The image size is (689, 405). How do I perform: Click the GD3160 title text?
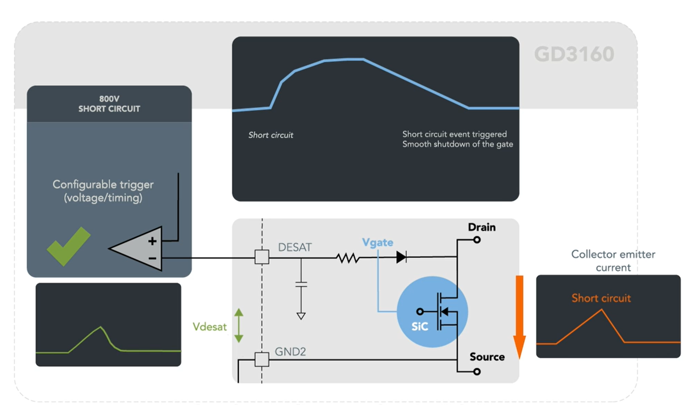[x=574, y=54]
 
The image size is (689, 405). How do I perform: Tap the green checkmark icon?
[x=68, y=246]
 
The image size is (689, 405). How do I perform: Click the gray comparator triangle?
[x=137, y=249]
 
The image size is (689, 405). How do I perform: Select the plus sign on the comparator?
[x=152, y=241]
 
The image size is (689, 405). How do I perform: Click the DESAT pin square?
[x=262, y=257]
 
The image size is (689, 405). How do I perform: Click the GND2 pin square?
[x=262, y=360]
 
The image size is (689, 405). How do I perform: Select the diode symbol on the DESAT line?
[x=401, y=257]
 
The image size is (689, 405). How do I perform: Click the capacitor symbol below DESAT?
[x=301, y=284]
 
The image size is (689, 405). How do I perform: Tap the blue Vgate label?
[x=377, y=242]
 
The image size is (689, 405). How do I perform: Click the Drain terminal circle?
[x=477, y=240]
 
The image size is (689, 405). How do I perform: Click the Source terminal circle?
[x=477, y=372]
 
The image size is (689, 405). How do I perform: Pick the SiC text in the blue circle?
[x=420, y=326]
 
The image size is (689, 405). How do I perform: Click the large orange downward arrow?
[x=519, y=316]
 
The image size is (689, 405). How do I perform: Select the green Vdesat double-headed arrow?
[x=239, y=326]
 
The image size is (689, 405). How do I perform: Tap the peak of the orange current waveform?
[x=602, y=310]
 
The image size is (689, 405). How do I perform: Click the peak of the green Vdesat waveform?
[x=101, y=327]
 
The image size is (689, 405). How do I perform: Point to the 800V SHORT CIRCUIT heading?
[x=109, y=104]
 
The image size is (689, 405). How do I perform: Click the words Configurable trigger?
[x=103, y=185]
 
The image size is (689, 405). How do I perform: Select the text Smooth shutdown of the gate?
[x=457, y=144]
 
